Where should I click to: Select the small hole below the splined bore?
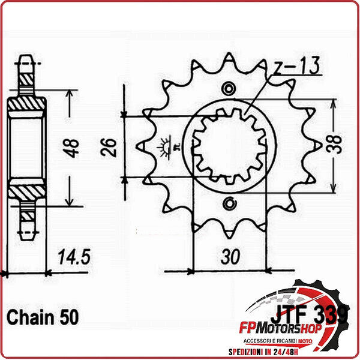[x=229, y=203]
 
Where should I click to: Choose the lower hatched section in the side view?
[x=27, y=192]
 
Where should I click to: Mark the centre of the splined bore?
[x=229, y=146]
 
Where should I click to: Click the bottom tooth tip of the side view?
[x=27, y=235]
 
